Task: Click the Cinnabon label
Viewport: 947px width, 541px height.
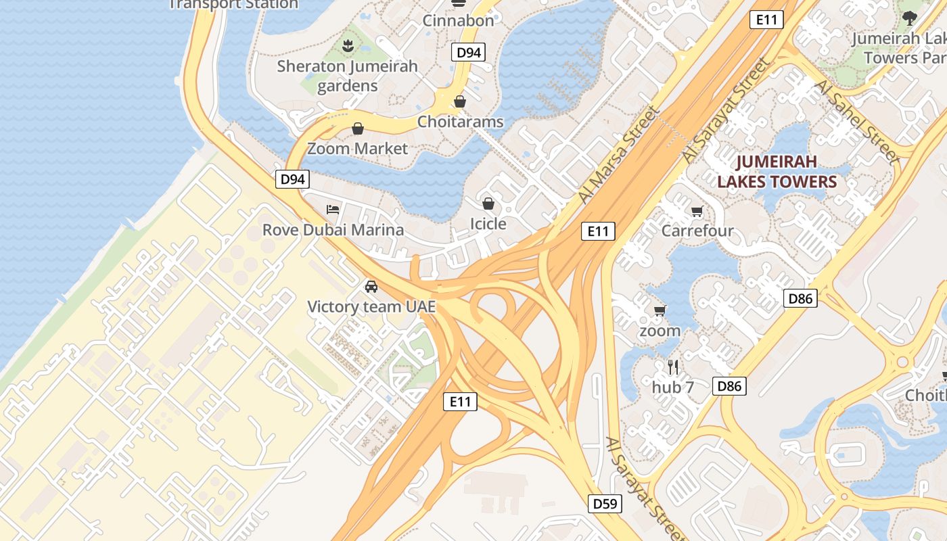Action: (458, 20)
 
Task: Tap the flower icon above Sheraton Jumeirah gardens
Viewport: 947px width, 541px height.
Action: (348, 46)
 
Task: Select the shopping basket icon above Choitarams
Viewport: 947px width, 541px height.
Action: (460, 102)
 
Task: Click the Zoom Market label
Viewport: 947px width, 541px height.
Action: (358, 148)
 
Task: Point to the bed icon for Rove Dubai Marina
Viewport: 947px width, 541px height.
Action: (333, 210)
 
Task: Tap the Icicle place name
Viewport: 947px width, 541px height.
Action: (488, 223)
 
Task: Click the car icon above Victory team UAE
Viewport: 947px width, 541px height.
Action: (371, 286)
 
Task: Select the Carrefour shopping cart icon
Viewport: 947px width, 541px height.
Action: (697, 212)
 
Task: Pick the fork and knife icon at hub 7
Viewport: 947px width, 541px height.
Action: (673, 367)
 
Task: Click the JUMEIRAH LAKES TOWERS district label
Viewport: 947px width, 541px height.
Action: (777, 172)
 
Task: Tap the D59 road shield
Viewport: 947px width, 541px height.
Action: (604, 504)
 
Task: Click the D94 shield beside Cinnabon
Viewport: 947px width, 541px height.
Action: (468, 52)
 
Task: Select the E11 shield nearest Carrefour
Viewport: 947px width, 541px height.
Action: (598, 231)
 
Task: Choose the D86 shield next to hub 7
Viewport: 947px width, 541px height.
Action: (729, 386)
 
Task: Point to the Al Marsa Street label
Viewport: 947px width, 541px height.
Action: (618, 154)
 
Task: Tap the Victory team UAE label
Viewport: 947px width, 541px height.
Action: (371, 307)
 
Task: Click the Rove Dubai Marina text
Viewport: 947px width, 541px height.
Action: (333, 230)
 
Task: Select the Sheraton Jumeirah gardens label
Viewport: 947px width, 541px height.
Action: (348, 76)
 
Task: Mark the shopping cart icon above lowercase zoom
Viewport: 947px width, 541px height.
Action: (660, 311)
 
